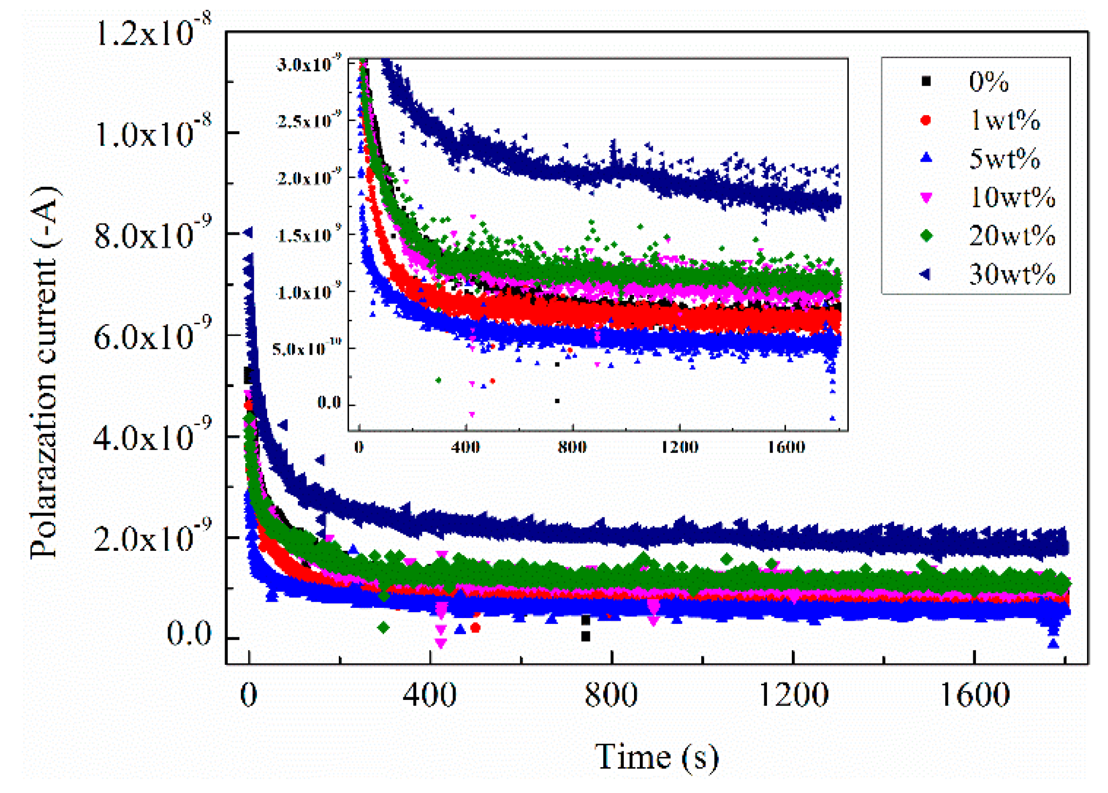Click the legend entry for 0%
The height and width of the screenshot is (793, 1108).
tap(988, 82)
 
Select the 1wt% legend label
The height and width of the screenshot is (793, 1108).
tap(1005, 120)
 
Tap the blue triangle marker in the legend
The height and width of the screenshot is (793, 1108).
tap(926, 158)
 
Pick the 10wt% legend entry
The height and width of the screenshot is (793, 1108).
tap(1012, 197)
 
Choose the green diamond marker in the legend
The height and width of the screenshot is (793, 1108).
tap(926, 236)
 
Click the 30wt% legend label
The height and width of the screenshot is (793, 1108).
tap(1012, 274)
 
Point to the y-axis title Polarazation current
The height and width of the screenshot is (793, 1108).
tap(44, 371)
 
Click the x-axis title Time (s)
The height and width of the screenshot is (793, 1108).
tap(656, 756)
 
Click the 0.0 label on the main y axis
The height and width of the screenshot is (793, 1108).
tap(189, 633)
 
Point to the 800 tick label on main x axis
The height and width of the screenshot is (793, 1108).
tap(611, 694)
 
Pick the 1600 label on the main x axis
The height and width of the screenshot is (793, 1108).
tap(974, 694)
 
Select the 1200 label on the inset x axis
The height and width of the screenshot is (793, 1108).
tap(679, 447)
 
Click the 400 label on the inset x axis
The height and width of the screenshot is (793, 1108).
tap(465, 447)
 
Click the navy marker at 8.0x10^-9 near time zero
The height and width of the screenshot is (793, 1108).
tap(248, 233)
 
